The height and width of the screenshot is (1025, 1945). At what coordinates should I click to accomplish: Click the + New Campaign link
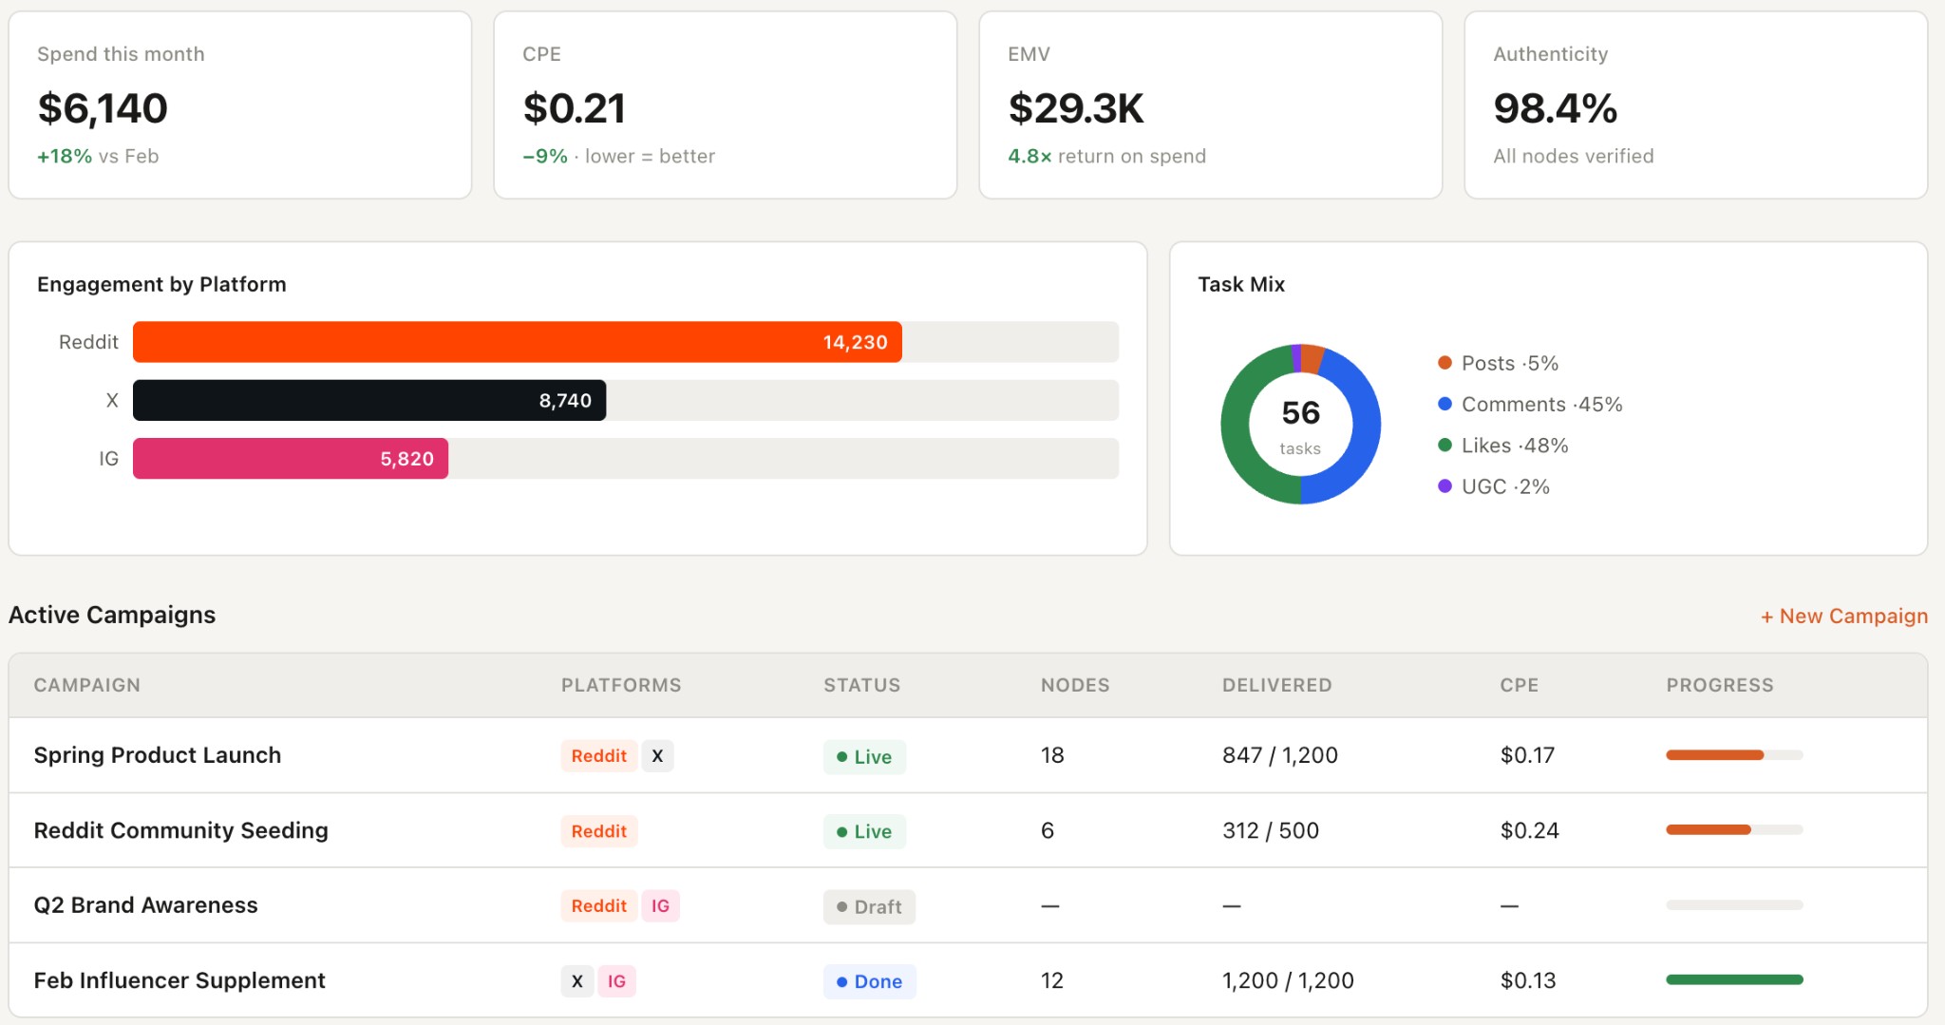pos(1843,616)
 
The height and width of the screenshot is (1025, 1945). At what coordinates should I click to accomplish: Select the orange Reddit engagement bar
pos(517,342)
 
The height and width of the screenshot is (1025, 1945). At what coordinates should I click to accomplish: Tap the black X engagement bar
pos(368,400)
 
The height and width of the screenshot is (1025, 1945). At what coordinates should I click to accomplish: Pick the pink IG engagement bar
pos(290,458)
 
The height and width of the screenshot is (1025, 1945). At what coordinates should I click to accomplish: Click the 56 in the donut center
pos(1300,412)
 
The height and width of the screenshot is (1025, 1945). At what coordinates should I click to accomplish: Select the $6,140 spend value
pos(103,108)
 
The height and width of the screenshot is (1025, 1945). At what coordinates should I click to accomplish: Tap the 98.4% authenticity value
pos(1555,108)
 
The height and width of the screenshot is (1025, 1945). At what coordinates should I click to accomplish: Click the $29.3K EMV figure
pos(1076,108)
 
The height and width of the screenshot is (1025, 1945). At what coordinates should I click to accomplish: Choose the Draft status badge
pos(869,906)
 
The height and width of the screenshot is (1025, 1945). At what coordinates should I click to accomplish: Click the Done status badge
pos(869,981)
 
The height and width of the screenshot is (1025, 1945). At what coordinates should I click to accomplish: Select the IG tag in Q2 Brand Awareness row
pos(660,906)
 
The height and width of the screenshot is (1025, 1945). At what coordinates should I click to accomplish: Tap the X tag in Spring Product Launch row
pos(657,756)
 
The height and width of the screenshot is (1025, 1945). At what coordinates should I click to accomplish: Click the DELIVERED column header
pos(1276,685)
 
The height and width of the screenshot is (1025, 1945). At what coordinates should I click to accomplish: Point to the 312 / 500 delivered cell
pos(1270,830)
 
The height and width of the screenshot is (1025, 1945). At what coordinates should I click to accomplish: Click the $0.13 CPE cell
pos(1527,980)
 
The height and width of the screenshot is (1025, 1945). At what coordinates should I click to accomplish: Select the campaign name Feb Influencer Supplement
pos(179,980)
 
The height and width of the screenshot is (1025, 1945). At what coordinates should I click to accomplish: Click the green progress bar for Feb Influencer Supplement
pos(1733,979)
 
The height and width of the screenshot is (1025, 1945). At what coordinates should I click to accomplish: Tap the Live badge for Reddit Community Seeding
pos(864,831)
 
